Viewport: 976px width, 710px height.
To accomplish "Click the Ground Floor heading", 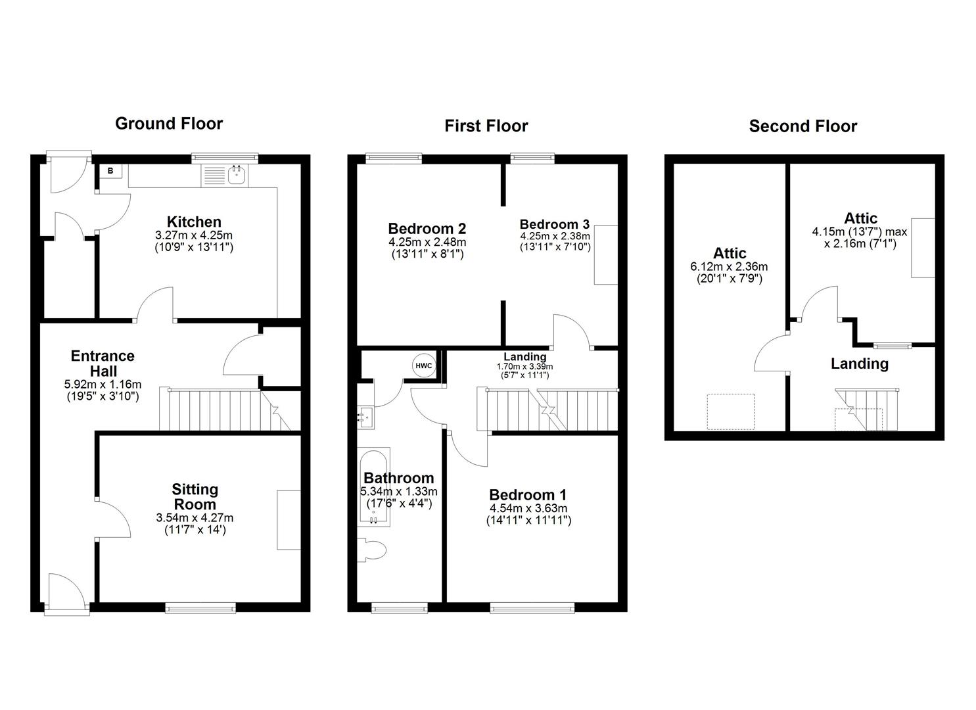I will (169, 124).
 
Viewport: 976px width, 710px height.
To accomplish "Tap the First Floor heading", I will (486, 126).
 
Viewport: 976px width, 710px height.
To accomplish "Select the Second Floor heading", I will (802, 126).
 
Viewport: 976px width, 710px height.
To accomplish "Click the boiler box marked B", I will (110, 171).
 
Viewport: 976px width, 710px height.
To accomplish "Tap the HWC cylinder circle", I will (424, 366).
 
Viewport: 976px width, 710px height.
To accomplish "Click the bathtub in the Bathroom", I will (374, 486).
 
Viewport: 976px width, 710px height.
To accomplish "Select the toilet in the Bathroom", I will (371, 550).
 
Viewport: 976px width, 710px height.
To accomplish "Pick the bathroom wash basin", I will (365, 415).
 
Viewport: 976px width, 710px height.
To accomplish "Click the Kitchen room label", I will (194, 222).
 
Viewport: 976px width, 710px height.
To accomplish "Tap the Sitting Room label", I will (195, 497).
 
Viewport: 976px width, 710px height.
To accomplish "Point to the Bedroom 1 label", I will (528, 494).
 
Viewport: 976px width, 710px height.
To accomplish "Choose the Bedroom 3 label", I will (555, 224).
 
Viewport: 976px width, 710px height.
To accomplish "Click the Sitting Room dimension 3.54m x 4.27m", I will (195, 518).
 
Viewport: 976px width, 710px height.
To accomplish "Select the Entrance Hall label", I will (103, 364).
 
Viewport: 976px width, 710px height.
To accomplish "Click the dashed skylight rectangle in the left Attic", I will (730, 412).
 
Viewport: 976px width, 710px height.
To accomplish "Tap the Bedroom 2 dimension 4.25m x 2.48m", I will (427, 243).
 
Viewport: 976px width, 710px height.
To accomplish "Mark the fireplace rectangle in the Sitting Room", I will (289, 519).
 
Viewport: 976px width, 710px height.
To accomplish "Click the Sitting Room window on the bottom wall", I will (200, 607).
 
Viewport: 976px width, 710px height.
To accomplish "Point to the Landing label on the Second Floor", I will (859, 364).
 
